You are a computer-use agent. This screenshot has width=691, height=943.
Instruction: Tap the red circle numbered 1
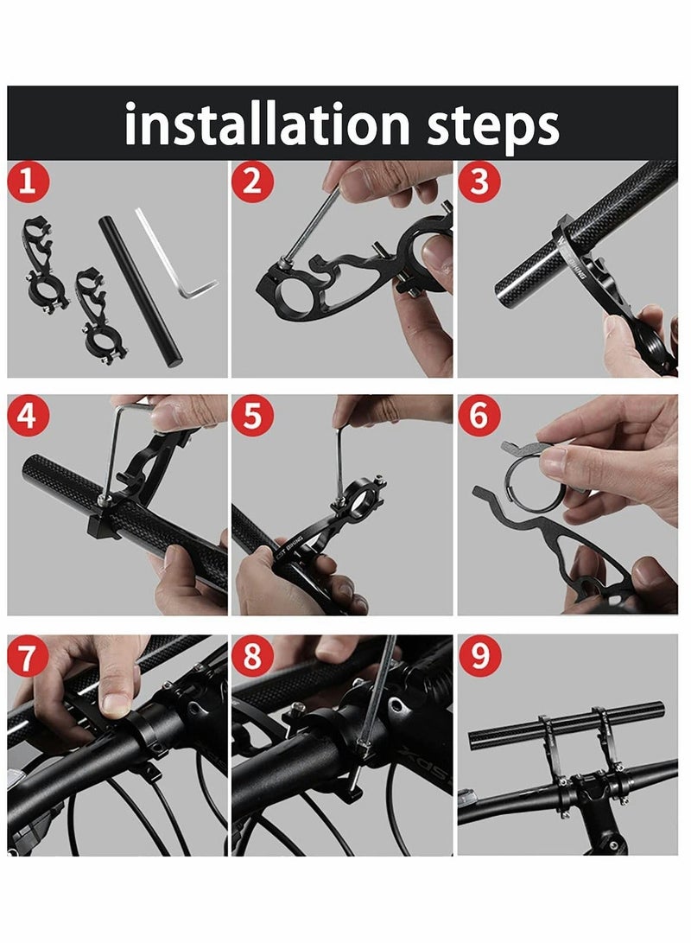(28, 182)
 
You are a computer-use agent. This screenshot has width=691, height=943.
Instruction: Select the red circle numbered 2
(252, 182)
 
